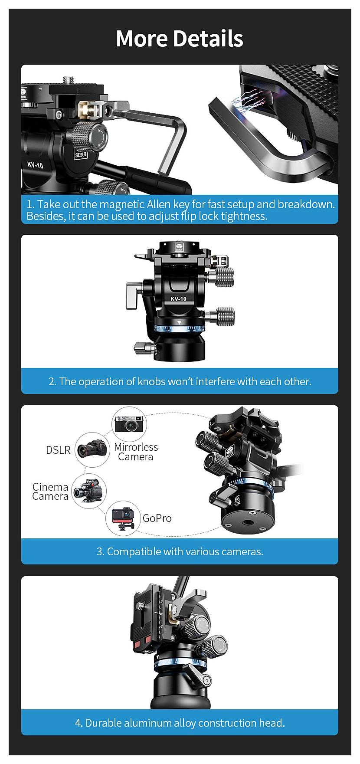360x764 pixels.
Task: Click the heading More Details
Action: pos(180,38)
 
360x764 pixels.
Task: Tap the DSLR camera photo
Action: pos(92,449)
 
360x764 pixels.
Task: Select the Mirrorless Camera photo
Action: pos(130,425)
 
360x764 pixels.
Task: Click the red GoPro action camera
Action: pos(123,518)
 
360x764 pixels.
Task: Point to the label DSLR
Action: pos(58,450)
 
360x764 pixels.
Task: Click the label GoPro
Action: pos(157,518)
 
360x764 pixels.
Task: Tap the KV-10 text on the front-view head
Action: pos(178,298)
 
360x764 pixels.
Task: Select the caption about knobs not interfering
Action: pos(180,381)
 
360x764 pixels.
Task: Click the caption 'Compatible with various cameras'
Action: pos(180,551)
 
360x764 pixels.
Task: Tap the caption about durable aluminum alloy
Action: pos(180,723)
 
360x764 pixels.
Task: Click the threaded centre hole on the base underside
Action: pos(250,525)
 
